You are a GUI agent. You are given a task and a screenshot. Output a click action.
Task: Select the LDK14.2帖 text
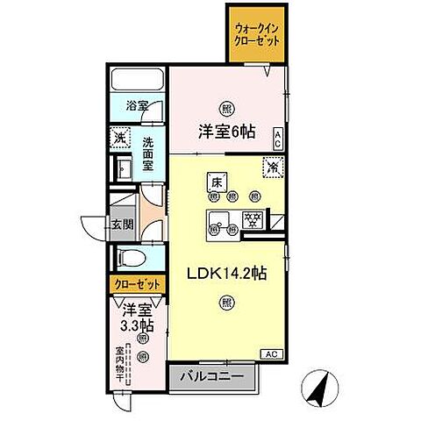(x=226, y=274)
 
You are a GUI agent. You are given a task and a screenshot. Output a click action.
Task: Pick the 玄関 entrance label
(x=123, y=224)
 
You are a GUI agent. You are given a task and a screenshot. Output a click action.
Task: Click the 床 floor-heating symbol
(x=215, y=182)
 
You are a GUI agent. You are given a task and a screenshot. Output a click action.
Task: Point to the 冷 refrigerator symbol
(x=274, y=165)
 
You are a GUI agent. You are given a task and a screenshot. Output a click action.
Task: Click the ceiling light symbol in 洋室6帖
(x=227, y=109)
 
